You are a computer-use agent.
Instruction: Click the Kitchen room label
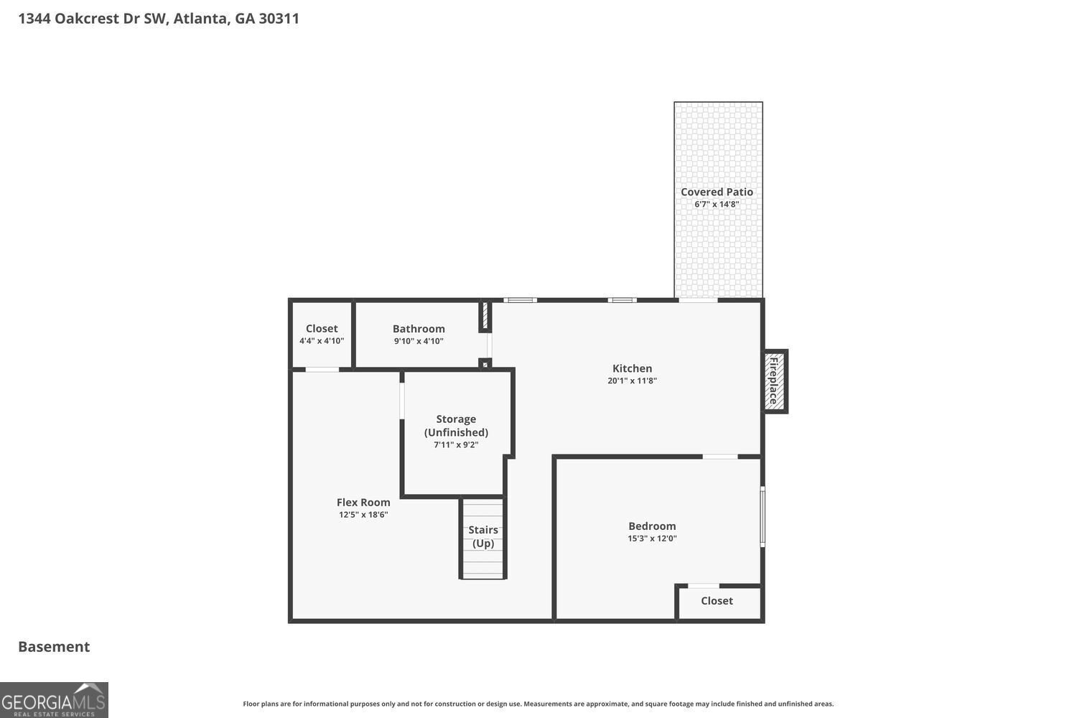tap(632, 368)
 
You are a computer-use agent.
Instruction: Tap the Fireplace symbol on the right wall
tap(775, 381)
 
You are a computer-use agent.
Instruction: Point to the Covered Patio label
tap(717, 192)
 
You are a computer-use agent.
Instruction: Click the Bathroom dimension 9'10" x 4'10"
tap(419, 341)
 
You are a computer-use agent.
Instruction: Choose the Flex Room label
tap(363, 503)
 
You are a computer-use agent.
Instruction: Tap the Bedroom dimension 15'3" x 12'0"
tap(652, 538)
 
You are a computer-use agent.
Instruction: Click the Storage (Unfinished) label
tap(456, 425)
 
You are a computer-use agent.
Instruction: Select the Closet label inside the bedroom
tap(717, 601)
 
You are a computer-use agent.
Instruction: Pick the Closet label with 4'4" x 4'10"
tap(322, 329)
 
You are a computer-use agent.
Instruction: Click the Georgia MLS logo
tap(54, 700)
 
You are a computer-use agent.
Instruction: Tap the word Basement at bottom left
tap(54, 646)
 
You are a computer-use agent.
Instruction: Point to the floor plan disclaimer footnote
tap(538, 704)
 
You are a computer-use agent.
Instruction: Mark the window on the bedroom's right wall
tap(763, 517)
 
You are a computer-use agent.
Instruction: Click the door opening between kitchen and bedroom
tap(720, 457)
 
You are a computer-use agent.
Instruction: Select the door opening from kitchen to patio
tap(698, 300)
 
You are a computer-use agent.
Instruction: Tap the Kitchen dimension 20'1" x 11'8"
tap(632, 381)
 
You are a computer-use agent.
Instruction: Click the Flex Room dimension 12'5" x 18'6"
tap(363, 515)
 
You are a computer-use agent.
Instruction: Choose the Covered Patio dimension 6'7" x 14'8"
tap(717, 205)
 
